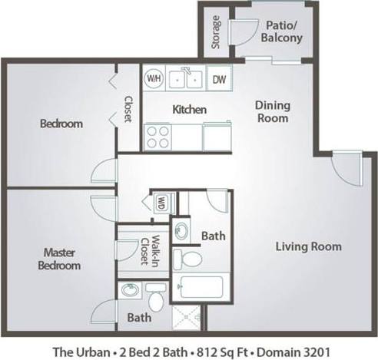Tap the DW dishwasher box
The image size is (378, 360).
pyautogui.click(x=218, y=79)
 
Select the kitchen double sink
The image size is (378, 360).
pyautogui.click(x=186, y=78)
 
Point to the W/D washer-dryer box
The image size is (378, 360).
pyautogui.click(x=161, y=203)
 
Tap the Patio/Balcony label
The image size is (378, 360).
pyautogui.click(x=280, y=31)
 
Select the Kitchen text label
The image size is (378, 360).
pyautogui.click(x=189, y=110)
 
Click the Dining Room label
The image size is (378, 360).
pyautogui.click(x=272, y=113)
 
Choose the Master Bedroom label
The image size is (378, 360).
pyautogui.click(x=61, y=258)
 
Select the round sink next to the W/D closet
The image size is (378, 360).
pyautogui.click(x=184, y=230)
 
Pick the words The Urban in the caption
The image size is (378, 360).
pyautogui.click(x=78, y=352)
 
